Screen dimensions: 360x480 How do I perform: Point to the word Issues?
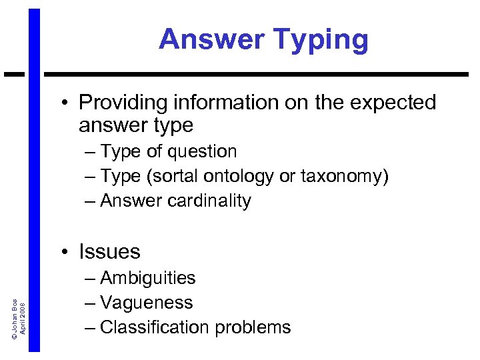(x=110, y=251)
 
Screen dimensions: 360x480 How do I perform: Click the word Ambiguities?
(x=148, y=278)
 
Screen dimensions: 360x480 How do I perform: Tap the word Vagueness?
(x=147, y=303)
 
